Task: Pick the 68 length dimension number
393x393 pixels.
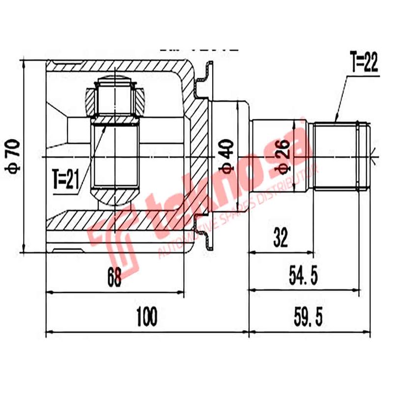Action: tap(114, 279)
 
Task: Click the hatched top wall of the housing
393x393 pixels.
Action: tap(118, 67)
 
